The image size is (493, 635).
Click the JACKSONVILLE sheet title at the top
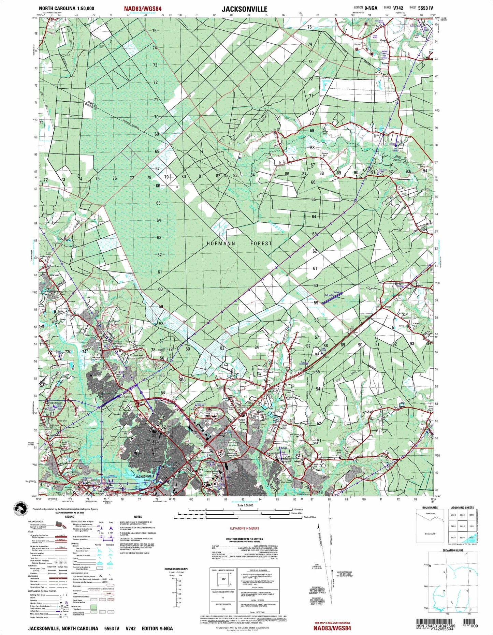244,9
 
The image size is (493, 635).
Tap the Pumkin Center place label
242,421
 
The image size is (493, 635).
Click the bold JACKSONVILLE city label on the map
145,476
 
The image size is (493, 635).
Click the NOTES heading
138,517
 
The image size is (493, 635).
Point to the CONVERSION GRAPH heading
176,569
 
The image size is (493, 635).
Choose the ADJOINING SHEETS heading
462,507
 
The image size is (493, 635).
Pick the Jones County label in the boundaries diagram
430,514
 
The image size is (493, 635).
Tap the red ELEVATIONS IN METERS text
244,528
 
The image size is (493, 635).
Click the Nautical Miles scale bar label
310,517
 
